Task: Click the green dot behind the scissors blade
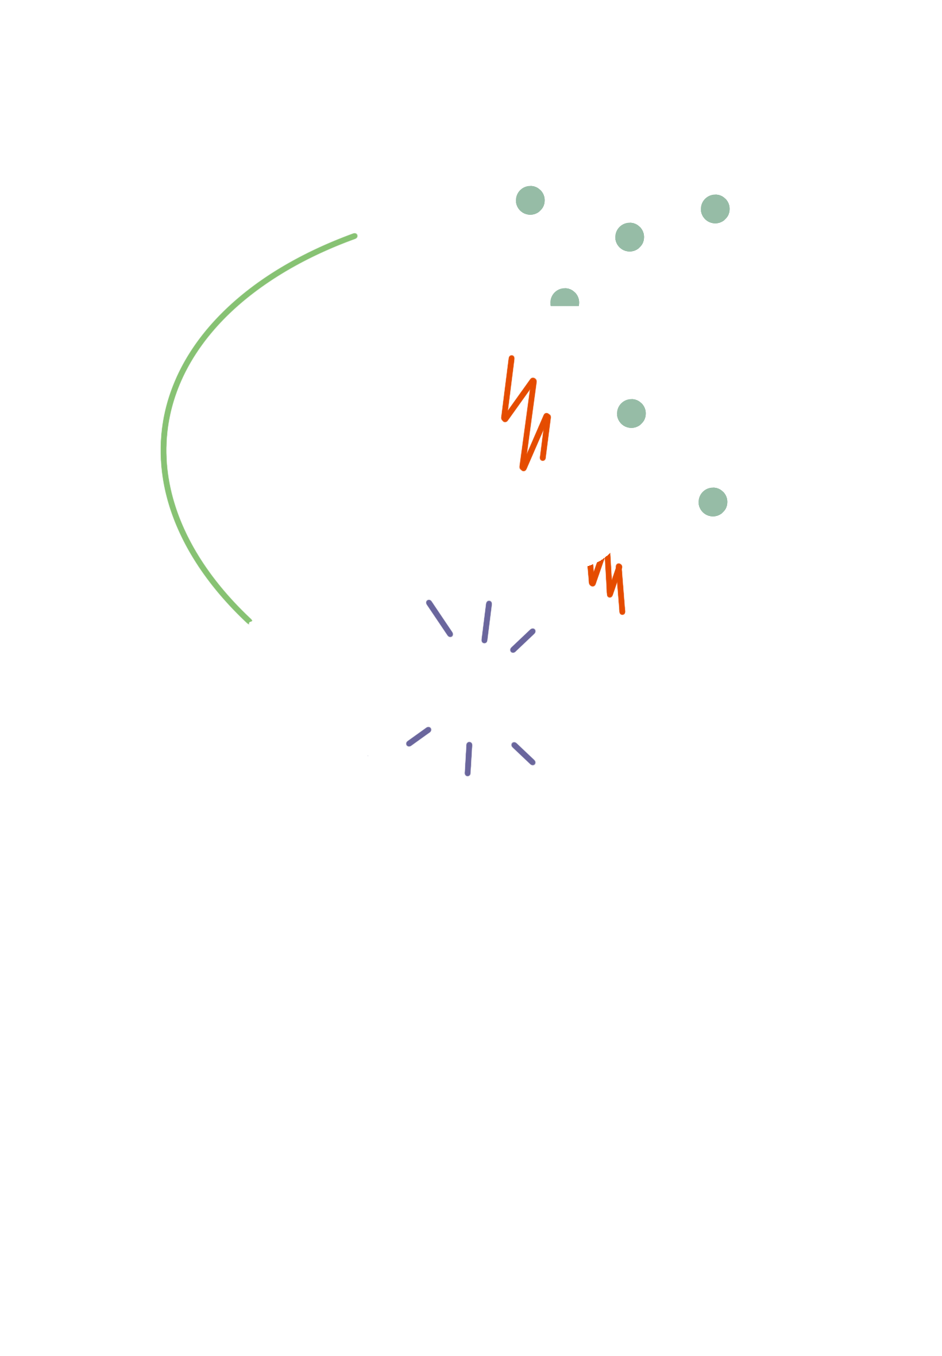[563, 298]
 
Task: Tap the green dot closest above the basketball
[631, 413]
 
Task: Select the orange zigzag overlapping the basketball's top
[526, 413]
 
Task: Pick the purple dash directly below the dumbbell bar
[468, 758]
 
